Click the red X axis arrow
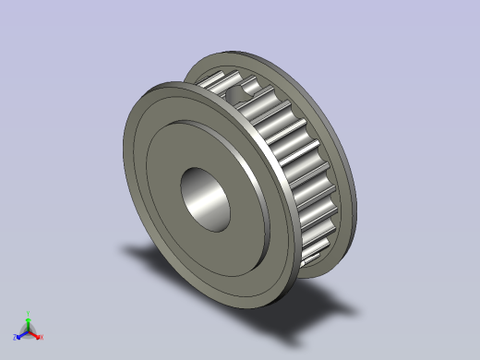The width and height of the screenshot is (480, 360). pyautogui.click(x=36, y=333)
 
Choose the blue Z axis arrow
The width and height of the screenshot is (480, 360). pyautogui.click(x=21, y=333)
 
